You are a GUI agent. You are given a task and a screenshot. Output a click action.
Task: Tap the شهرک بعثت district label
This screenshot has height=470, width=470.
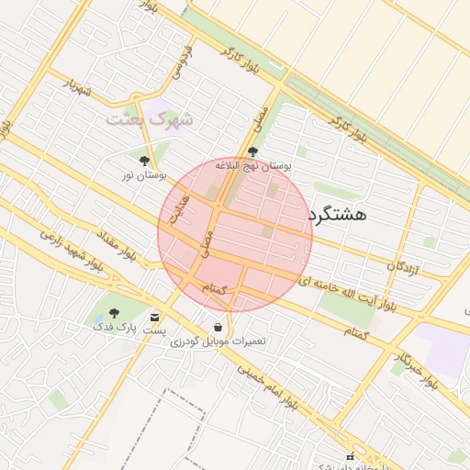pos(151,119)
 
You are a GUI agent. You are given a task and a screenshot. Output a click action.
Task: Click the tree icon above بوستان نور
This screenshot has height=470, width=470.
pos(144,160)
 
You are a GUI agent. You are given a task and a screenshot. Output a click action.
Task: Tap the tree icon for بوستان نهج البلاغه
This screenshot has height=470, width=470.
pos(253,152)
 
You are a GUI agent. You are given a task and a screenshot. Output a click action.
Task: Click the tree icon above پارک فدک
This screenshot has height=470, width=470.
pos(114,313)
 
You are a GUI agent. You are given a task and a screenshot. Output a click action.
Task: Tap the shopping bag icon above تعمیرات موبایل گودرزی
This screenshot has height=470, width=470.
pos(218,327)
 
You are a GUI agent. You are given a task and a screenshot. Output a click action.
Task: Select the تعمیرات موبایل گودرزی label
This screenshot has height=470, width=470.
pos(218,341)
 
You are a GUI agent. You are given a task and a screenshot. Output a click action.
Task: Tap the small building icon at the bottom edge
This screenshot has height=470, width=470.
pos(349,456)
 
